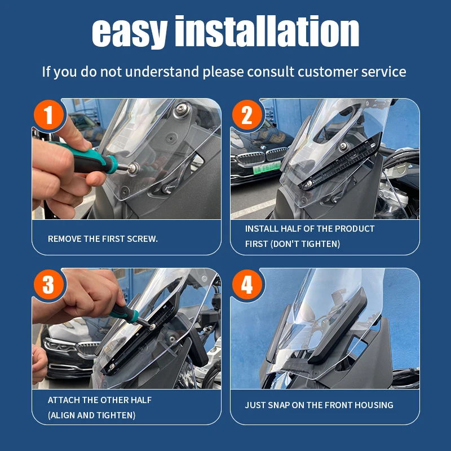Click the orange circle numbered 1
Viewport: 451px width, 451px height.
[48, 115]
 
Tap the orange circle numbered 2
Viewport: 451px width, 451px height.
[247, 115]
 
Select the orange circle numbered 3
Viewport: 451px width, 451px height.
[48, 285]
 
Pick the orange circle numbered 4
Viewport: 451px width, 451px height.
[247, 285]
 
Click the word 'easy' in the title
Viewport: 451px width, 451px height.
[130, 33]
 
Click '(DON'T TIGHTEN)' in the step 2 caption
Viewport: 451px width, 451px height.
[305, 244]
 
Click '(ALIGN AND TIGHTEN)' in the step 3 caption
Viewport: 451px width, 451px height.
[91, 415]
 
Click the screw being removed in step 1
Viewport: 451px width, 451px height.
[133, 167]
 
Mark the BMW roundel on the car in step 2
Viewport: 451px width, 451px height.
[263, 148]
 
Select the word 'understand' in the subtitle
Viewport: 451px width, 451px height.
[162, 72]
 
